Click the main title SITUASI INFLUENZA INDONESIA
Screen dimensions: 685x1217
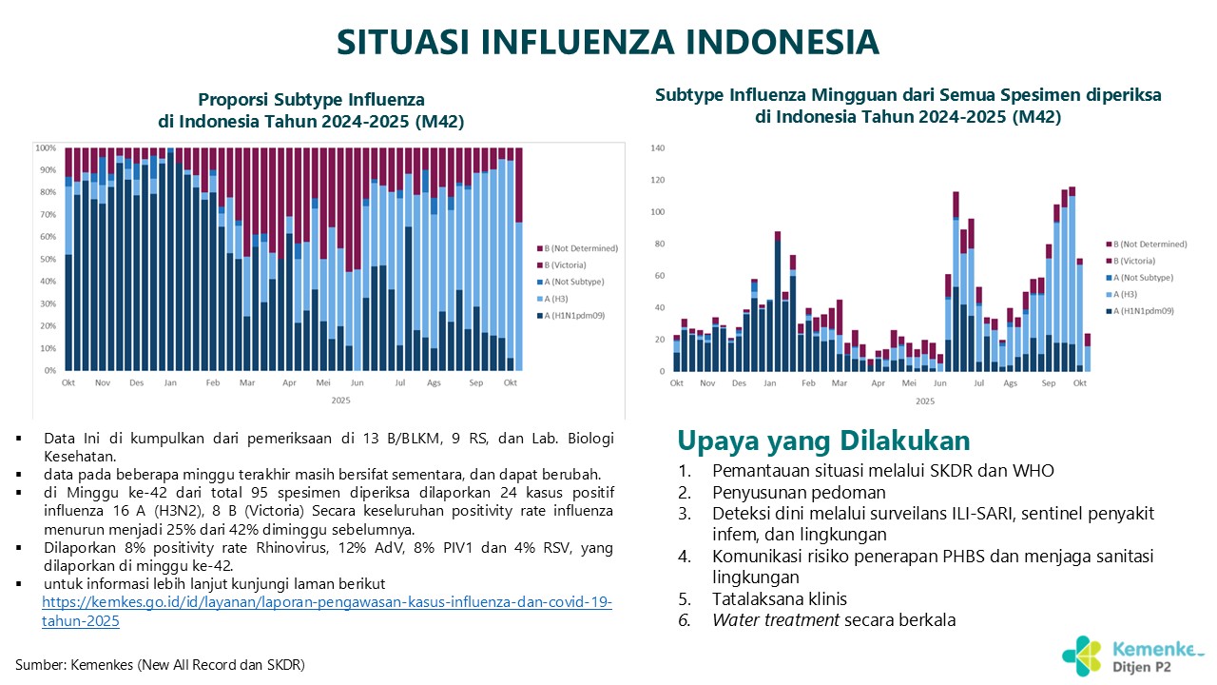pos(608,42)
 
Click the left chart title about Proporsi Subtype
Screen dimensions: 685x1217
pos(311,109)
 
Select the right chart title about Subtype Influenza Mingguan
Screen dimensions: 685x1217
pos(908,106)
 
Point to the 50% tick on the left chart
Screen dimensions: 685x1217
pos(46,259)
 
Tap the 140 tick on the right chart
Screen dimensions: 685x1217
pos(657,148)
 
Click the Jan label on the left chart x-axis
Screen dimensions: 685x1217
pos(170,382)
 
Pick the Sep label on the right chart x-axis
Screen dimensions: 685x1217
pos(1049,382)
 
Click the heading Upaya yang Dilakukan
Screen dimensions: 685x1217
pos(823,441)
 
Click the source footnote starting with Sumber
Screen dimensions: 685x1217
pos(160,664)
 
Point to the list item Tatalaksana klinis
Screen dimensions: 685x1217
pos(780,599)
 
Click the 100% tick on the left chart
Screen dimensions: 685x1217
pos(46,148)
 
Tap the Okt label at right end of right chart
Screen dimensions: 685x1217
pos(1080,382)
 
